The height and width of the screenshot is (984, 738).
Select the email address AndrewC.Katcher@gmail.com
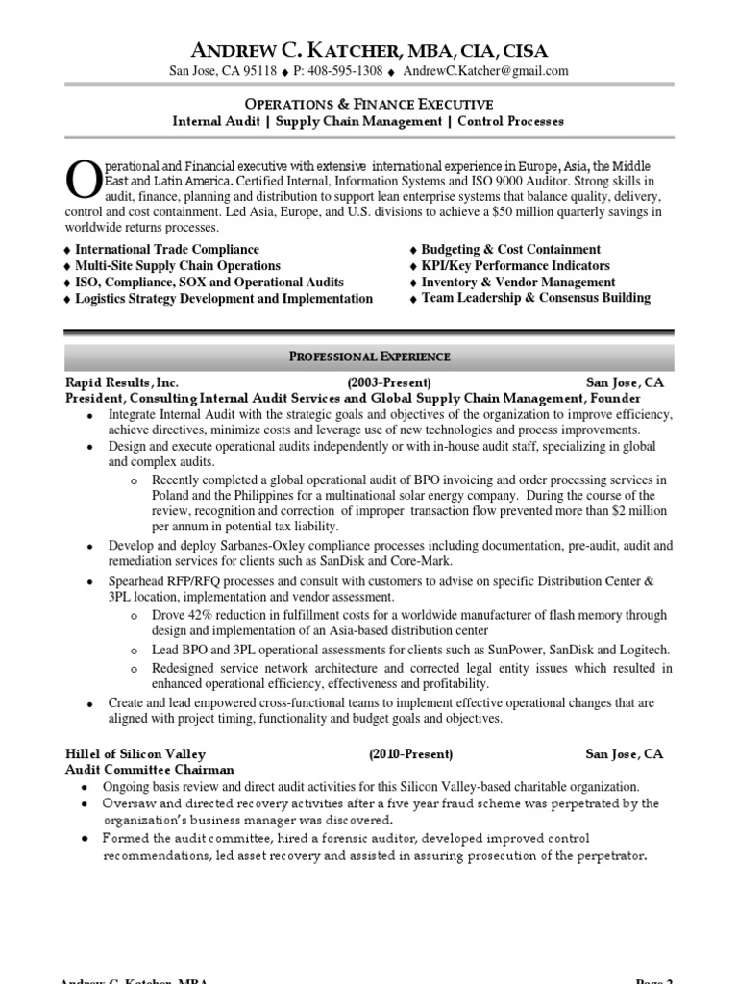click(485, 71)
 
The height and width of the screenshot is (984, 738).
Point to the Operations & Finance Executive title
click(368, 104)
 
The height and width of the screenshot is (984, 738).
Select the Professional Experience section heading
click(369, 357)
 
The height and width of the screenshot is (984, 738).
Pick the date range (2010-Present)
click(410, 754)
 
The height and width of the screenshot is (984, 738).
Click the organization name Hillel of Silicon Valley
click(135, 754)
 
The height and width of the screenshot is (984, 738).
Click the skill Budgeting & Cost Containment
click(510, 249)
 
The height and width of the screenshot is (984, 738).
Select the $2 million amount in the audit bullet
click(633, 511)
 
